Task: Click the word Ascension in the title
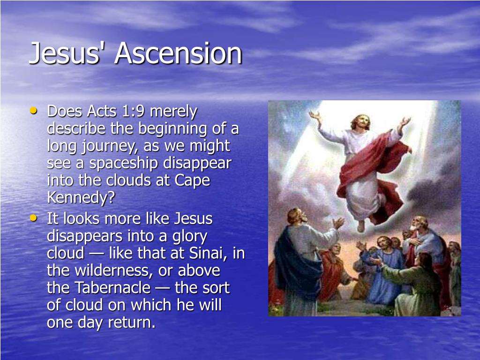point(178,53)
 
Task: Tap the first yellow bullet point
point(33,111)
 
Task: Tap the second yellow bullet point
point(33,218)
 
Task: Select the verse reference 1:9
point(133,112)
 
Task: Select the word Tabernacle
point(112,288)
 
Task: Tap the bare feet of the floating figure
point(361,226)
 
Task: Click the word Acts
point(101,112)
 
